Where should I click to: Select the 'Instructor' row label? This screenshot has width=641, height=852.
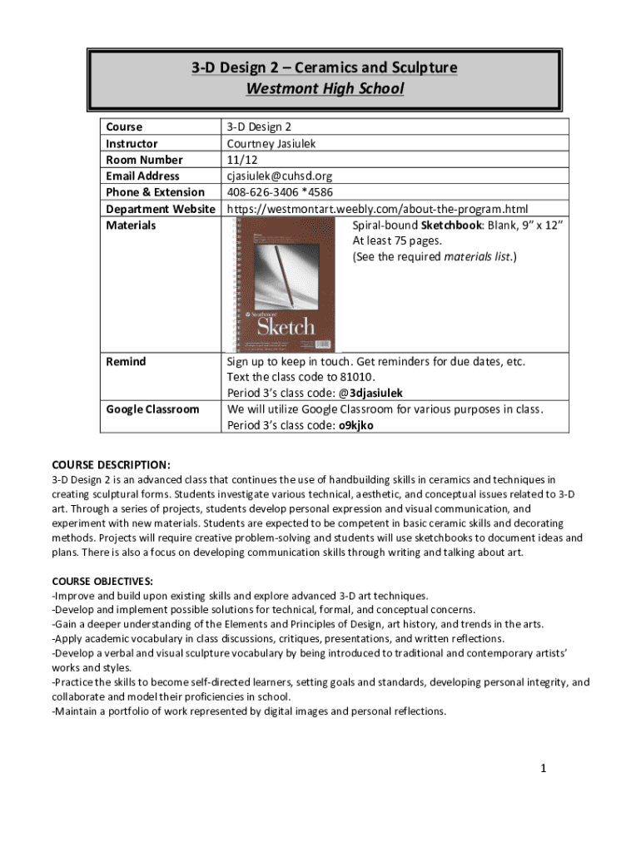point(132,143)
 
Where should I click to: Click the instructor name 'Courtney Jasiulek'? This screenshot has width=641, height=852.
point(271,143)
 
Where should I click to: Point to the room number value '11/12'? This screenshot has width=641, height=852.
point(241,159)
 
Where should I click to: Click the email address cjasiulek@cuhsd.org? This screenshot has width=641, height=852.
point(279,176)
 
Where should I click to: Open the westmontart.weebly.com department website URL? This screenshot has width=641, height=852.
point(377,208)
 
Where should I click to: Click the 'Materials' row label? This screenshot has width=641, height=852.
point(131,225)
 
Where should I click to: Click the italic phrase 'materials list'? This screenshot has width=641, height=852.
point(478,257)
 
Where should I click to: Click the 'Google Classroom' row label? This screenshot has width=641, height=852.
point(152,409)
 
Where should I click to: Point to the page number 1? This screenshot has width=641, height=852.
point(543,768)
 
